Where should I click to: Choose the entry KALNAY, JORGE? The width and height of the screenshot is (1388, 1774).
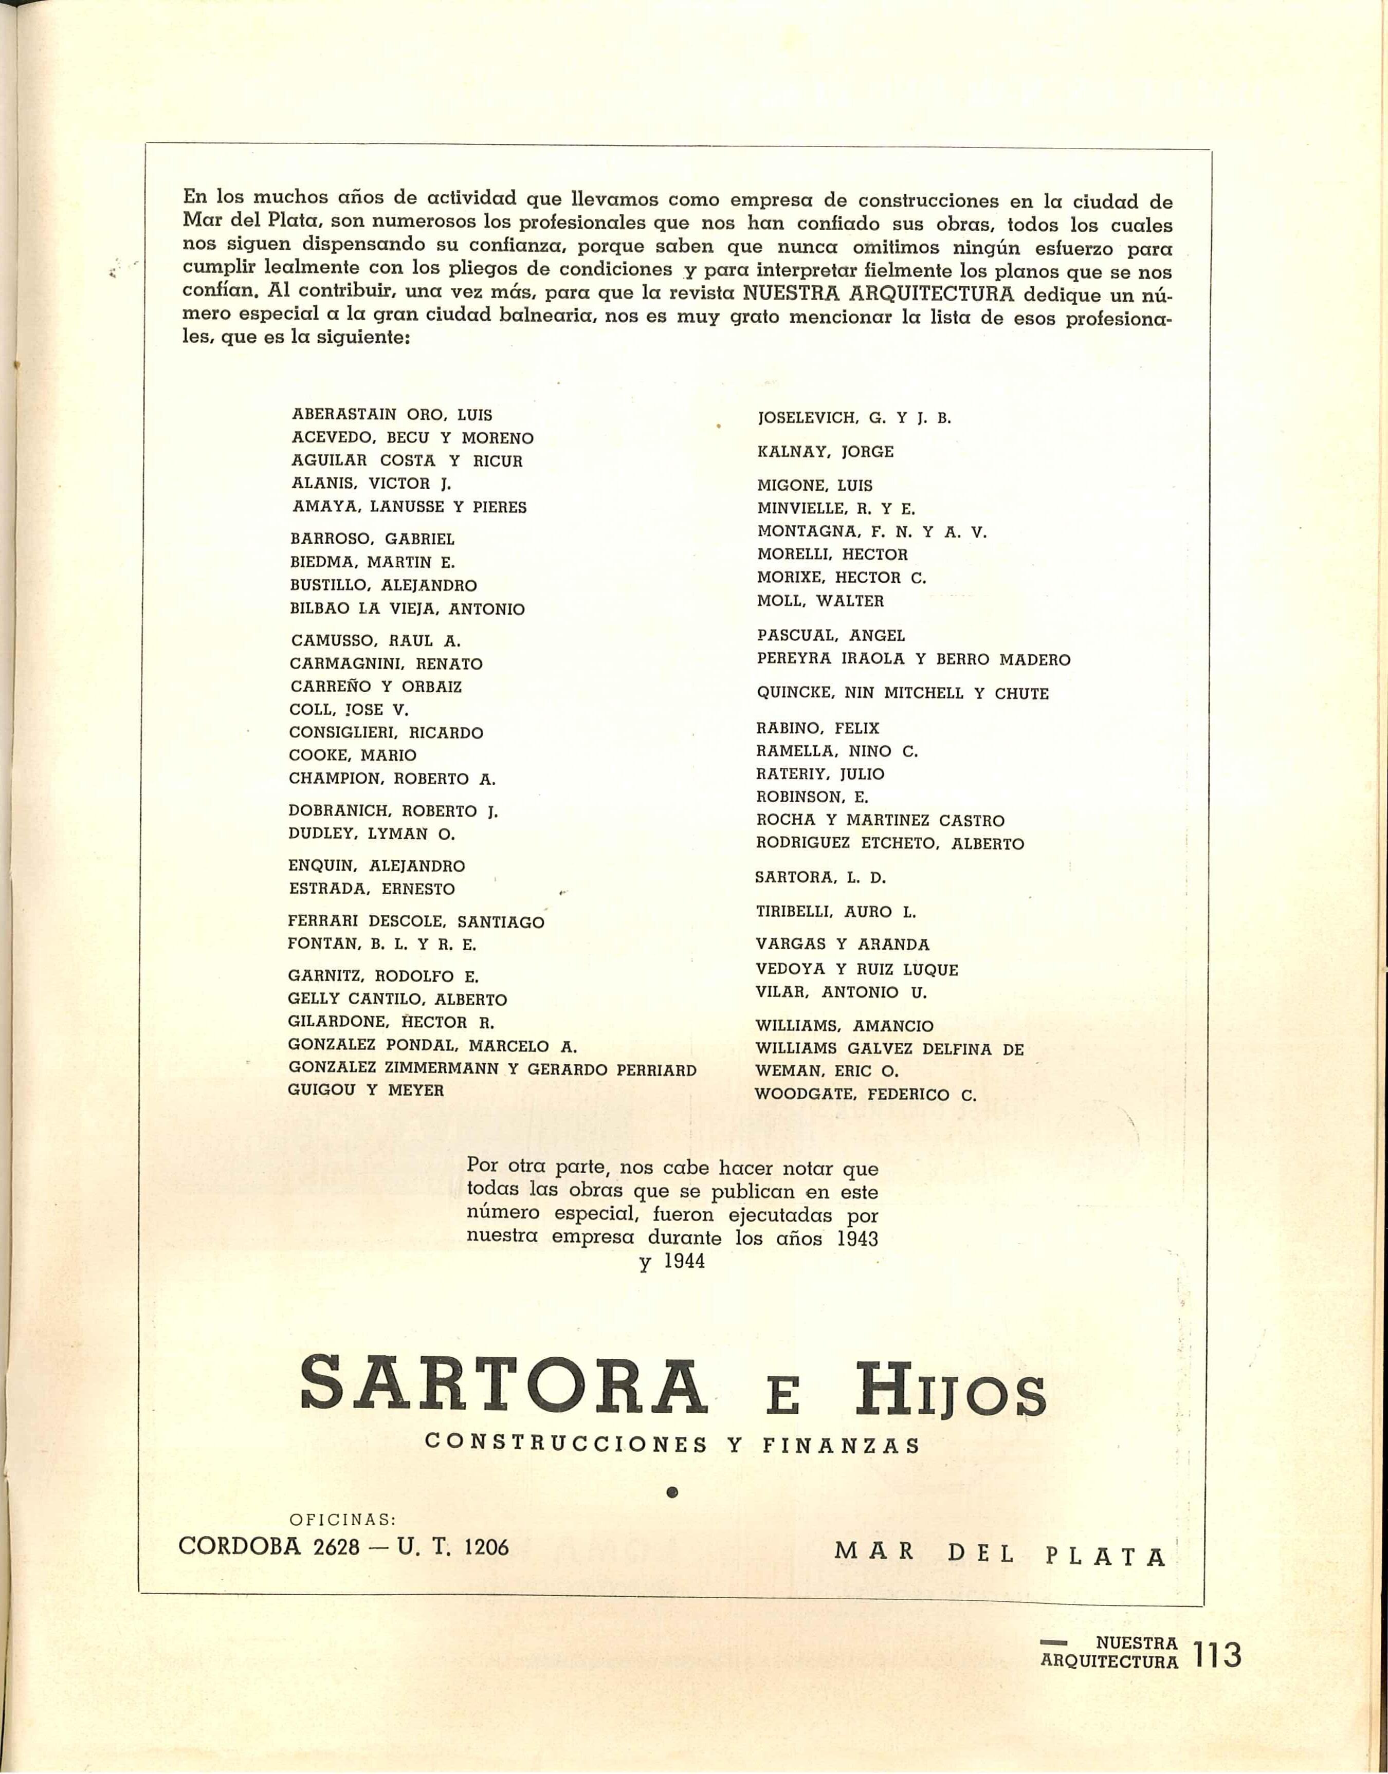[825, 452]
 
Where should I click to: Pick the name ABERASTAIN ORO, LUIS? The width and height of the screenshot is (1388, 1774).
[392, 414]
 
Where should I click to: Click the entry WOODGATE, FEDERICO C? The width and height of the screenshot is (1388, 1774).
[866, 1095]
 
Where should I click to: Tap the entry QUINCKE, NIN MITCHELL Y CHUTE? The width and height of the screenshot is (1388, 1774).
[902, 694]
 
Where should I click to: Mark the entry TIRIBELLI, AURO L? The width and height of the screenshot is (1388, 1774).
[835, 912]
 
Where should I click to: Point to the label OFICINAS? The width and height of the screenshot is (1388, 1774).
[342, 1519]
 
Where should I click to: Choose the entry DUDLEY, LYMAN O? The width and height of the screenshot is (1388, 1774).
[371, 834]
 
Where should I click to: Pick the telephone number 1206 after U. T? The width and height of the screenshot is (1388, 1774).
[486, 1547]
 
